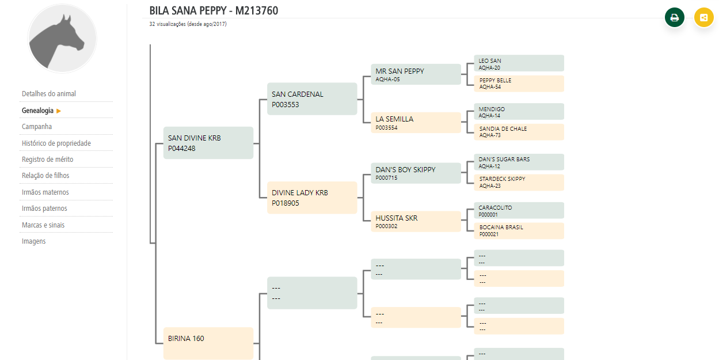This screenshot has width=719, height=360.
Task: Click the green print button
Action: tap(675, 17)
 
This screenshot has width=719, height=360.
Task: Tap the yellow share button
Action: tap(703, 17)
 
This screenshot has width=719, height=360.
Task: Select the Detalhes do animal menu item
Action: tap(49, 94)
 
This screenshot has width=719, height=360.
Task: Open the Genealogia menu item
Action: tap(38, 111)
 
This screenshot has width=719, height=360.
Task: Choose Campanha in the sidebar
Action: tap(37, 127)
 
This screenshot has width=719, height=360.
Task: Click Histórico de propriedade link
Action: tap(56, 143)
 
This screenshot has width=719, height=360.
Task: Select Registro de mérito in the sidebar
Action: tap(48, 160)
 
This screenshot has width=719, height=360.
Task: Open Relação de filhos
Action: tap(45, 176)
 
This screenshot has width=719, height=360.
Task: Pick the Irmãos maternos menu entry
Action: tap(45, 192)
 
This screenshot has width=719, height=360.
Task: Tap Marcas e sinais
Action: tap(43, 225)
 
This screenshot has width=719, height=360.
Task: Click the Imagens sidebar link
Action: tap(34, 241)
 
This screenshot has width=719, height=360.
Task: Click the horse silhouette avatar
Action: tap(62, 38)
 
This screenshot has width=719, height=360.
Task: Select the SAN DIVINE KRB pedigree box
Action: tap(208, 143)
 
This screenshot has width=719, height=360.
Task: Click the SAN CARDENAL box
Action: tap(312, 99)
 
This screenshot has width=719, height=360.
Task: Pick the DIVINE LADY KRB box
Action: tap(312, 198)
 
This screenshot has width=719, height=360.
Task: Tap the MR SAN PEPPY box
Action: tap(416, 75)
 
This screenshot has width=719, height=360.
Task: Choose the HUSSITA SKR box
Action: tap(416, 222)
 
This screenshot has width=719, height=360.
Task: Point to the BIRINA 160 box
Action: tap(208, 342)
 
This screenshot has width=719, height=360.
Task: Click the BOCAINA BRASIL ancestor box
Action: tap(518, 231)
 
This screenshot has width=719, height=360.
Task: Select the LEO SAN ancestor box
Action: tap(518, 63)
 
